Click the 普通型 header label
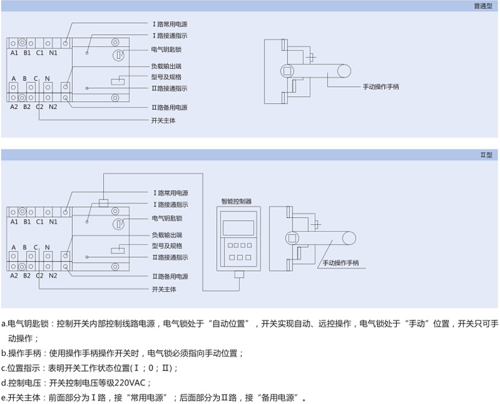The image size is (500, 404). [482, 6]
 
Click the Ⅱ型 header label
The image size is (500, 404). [485, 155]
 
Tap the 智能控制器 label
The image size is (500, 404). [236, 201]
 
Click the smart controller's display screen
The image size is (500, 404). [239, 227]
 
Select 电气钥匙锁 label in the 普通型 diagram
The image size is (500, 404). [166, 49]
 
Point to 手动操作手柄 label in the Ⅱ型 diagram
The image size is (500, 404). [341, 263]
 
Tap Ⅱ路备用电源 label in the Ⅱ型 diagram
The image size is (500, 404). [170, 276]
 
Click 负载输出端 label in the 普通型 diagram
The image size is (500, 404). [166, 66]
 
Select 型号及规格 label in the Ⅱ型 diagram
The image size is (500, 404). [167, 246]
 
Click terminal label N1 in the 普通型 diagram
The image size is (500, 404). [53, 53]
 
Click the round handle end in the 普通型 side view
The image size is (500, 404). [346, 72]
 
